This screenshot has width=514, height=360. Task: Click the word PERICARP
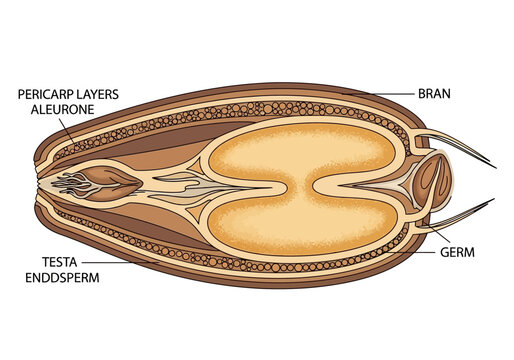click(49, 94)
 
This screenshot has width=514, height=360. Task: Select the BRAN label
click(435, 94)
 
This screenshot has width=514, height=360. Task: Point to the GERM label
click(458, 253)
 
